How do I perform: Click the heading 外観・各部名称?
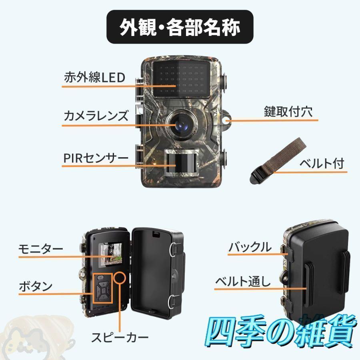point(180,27)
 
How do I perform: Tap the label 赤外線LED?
point(95,77)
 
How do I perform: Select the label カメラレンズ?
point(96,116)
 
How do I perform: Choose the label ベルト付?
point(322,163)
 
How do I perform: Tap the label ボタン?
point(36,286)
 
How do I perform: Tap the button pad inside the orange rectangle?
point(103,288)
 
